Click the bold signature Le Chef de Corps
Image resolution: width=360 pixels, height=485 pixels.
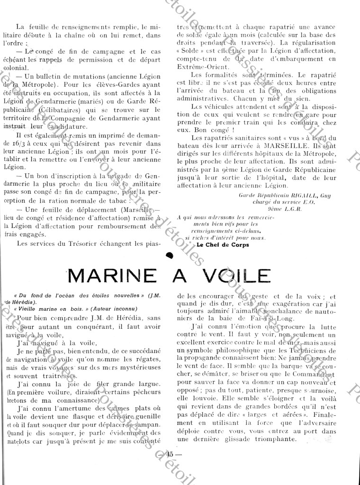click(x=222, y=245)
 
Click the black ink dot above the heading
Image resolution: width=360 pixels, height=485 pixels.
click(x=169, y=256)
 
